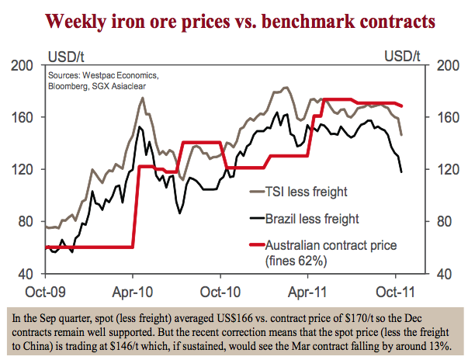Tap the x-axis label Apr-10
(x=133, y=293)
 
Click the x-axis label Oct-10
(x=220, y=293)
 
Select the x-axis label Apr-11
(x=307, y=293)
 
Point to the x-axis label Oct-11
(x=395, y=293)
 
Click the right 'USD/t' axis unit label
(x=403, y=56)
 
